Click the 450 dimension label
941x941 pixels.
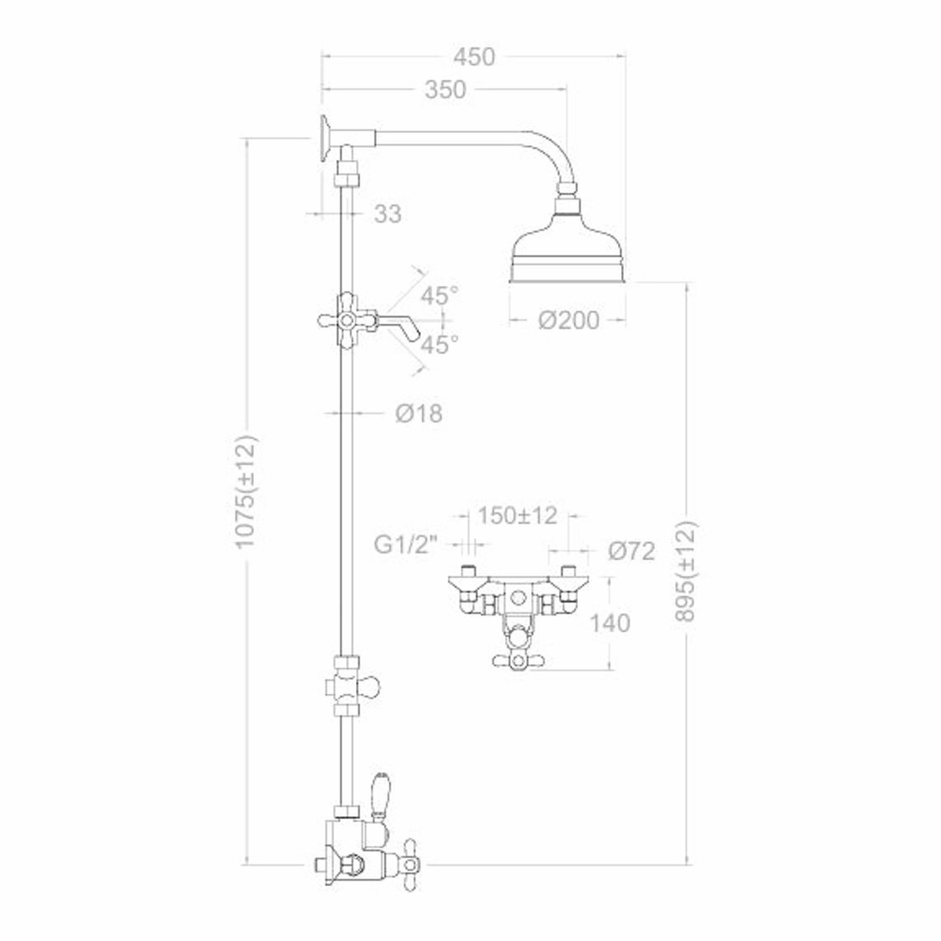tap(474, 57)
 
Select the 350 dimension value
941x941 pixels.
tap(445, 90)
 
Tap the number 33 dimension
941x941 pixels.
tap(387, 213)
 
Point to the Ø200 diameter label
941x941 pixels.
tap(569, 321)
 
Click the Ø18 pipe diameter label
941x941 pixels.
tap(419, 413)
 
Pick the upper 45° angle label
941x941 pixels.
tap(440, 296)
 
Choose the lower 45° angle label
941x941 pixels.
tap(439, 345)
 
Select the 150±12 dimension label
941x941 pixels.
tap(518, 516)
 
